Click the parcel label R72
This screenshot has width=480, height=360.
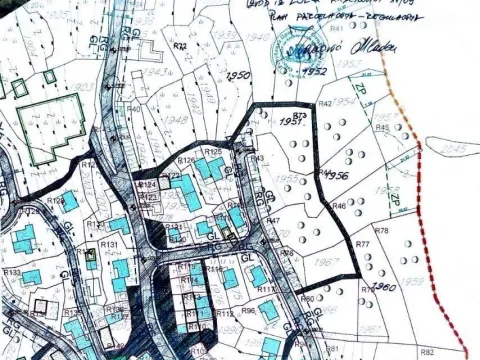click(180, 46)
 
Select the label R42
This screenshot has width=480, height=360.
click(325, 104)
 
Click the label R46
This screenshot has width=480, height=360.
click(339, 206)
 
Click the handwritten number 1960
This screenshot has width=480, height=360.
click(384, 287)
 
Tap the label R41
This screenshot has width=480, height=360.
click(336, 28)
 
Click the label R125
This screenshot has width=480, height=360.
click(213, 150)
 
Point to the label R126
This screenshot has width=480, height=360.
click(186, 160)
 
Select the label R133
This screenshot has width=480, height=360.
click(12, 272)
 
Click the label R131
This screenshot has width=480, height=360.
click(110, 244)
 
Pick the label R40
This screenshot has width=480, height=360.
click(134, 109)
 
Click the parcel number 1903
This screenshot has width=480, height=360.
click(86, 88)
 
